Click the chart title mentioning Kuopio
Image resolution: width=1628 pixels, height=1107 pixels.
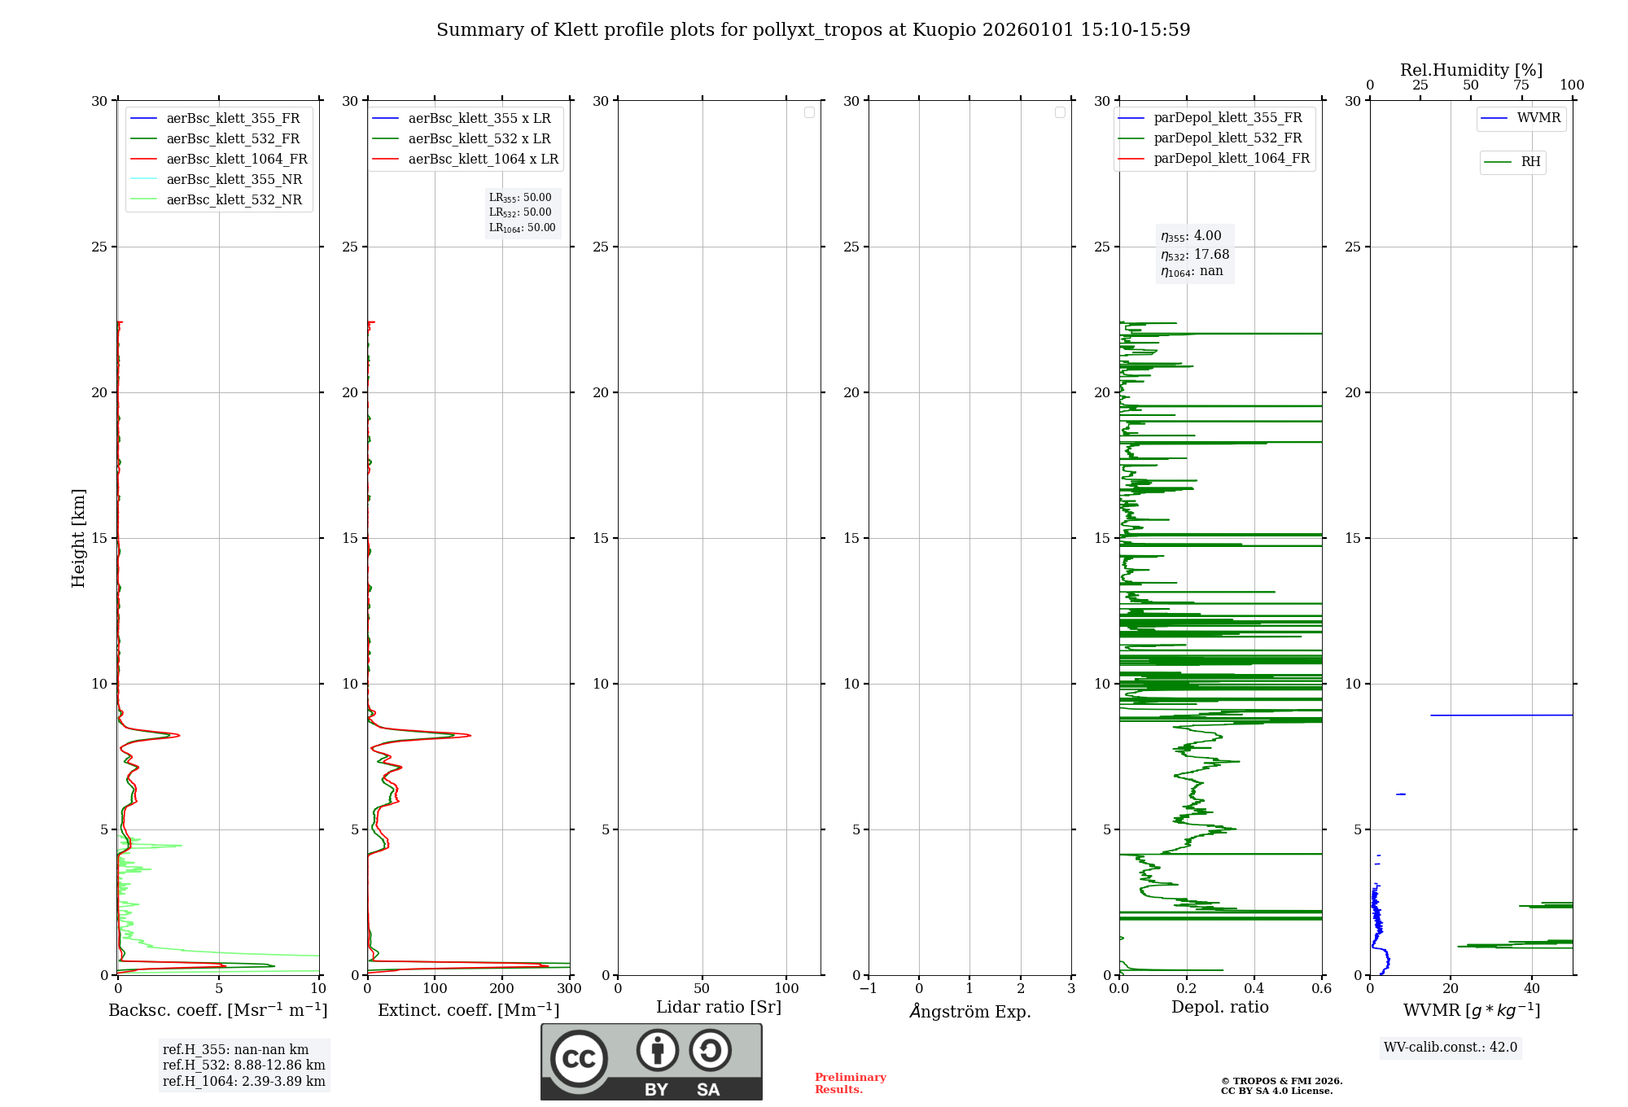coord(813,30)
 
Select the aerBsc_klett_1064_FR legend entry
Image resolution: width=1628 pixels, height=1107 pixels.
coord(236,159)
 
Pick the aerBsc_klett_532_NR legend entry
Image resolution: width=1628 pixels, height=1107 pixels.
coord(234,199)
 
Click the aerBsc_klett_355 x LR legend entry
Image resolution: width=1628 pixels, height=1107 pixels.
coord(479,118)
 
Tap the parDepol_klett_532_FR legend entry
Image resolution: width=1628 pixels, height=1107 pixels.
coord(1228,138)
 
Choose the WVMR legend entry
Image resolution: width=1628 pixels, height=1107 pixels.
coord(1538,118)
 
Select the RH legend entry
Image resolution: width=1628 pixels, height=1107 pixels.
coord(1530,162)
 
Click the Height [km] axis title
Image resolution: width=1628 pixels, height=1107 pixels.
coord(78,537)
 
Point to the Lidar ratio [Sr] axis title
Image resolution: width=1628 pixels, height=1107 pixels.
coord(719,1007)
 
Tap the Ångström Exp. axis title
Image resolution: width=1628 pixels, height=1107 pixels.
coord(969,1011)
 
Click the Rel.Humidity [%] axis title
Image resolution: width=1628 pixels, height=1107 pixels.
coord(1471,70)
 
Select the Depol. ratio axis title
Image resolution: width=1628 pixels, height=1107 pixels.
coord(1219,1007)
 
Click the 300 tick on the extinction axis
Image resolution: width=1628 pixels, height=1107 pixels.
coord(569,989)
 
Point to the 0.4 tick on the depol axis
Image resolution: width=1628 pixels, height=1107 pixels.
coord(1254,989)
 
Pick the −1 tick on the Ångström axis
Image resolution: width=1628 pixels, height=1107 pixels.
coord(868,989)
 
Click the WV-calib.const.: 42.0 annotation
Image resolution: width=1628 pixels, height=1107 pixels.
coord(1450,1047)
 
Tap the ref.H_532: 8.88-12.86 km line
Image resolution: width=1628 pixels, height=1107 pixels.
coord(243,1065)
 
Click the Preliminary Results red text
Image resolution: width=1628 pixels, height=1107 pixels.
coord(850,1083)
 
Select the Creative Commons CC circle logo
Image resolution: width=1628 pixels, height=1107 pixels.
coord(579,1059)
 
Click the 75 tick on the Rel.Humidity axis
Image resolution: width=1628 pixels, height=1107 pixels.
coord(1521,85)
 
